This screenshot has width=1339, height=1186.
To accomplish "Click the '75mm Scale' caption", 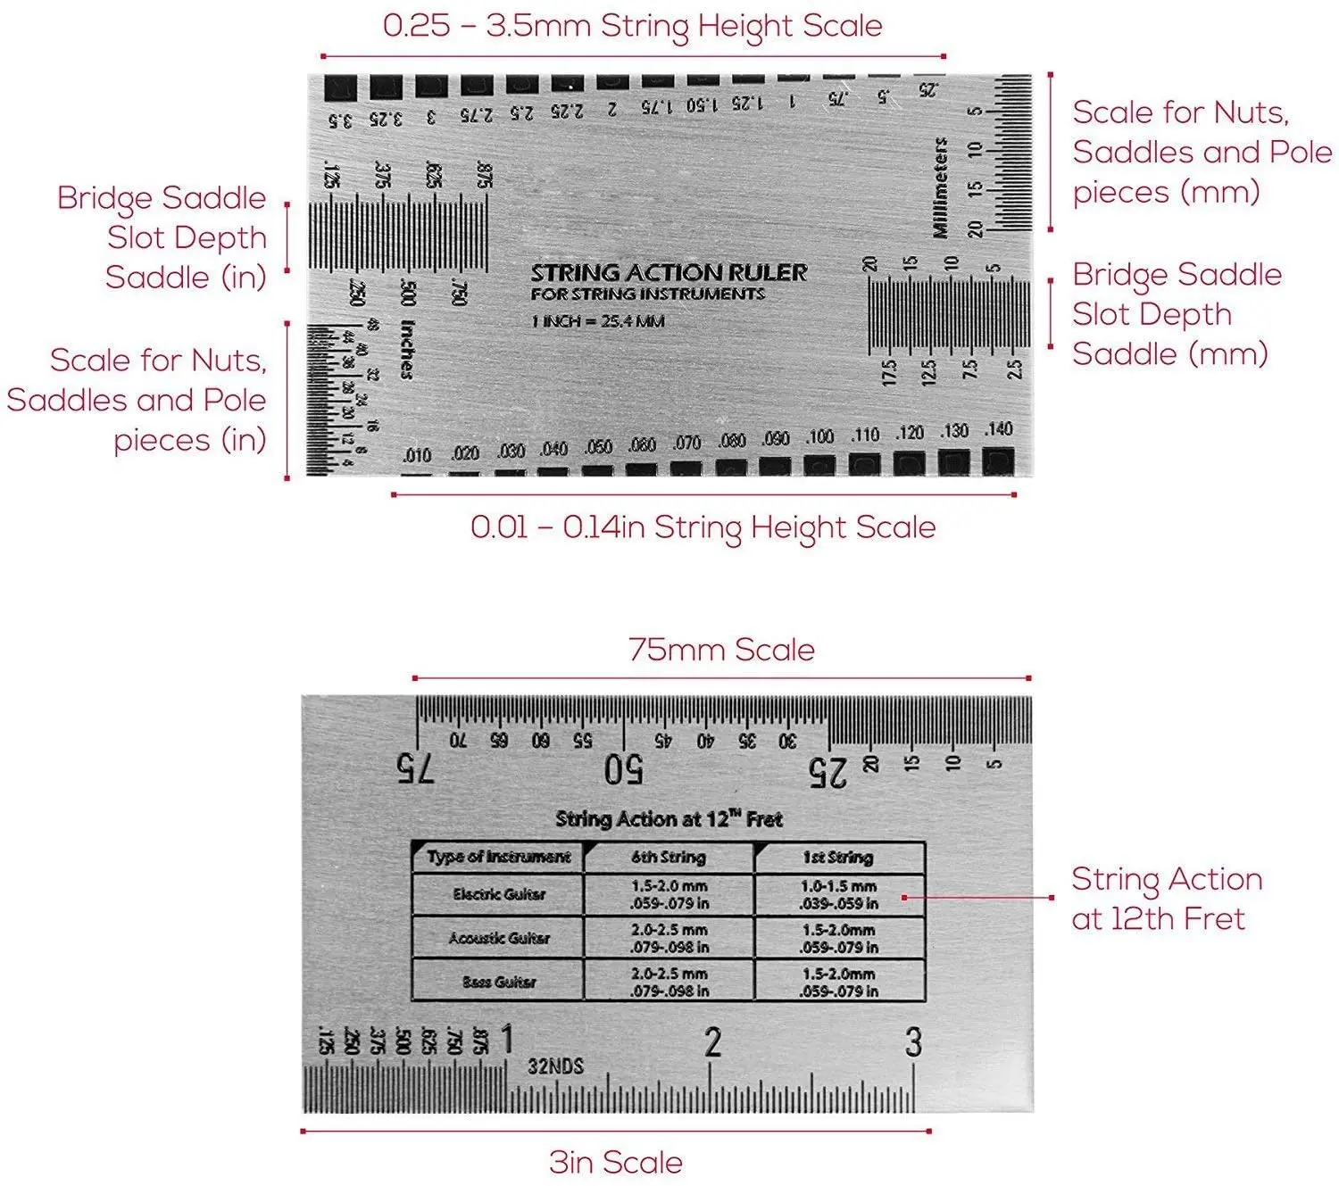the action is coord(721,650).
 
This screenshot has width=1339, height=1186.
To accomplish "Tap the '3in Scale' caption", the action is coord(616,1162).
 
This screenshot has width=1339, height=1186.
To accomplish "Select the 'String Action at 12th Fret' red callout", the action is coord(1166,899).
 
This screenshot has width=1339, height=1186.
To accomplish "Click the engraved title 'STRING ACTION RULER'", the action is coord(669,272).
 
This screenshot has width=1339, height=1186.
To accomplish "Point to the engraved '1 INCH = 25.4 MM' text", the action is coord(598,321).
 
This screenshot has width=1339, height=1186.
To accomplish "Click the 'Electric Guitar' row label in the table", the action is coord(498,894).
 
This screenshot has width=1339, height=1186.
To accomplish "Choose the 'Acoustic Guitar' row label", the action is coord(498,938).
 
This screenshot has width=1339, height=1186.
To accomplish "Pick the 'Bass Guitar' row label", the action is coord(498,982).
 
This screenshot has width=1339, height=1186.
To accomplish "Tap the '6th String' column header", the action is coord(669,858).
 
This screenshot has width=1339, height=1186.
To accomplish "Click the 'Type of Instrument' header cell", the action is coord(498,857).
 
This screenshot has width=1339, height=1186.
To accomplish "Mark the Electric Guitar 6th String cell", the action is coord(669,894).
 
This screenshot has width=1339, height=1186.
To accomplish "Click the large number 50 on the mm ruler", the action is coord(623,769).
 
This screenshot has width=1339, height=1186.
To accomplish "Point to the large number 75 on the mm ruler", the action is coord(415,768).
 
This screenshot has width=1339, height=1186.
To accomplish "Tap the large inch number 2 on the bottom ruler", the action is coord(712,1041).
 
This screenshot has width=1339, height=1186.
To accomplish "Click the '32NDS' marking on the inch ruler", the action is coord(555,1066).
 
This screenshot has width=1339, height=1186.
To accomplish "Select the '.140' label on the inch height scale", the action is coord(998,430).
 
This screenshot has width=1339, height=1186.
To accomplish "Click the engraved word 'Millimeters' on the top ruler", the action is coord(940,187).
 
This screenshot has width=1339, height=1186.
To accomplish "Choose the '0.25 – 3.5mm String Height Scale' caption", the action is coord(632,26).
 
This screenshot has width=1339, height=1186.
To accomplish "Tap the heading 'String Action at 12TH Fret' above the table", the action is coord(669,819).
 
